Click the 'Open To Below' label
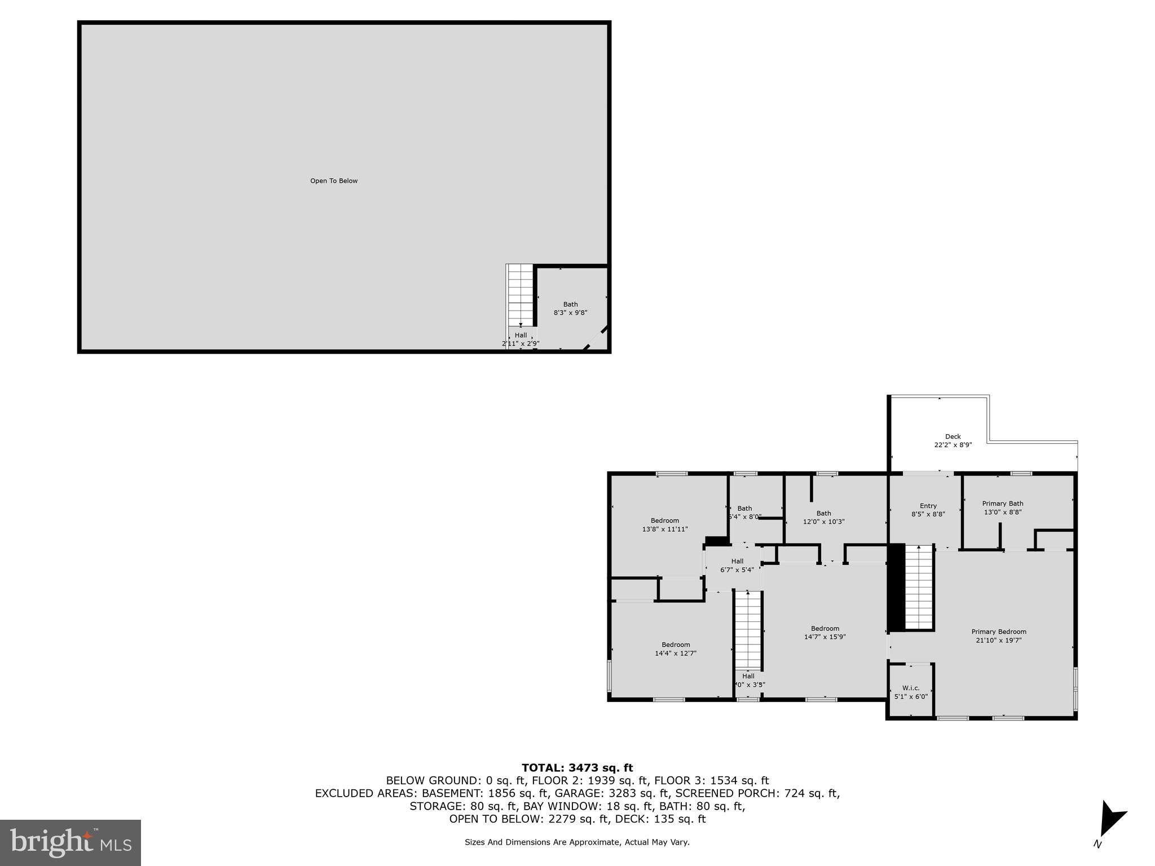334,181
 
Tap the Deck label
953,436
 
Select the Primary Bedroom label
998,631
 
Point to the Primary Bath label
1002,503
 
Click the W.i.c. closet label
911,688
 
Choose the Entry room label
928,506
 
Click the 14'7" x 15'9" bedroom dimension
825,637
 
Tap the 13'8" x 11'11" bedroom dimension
664,529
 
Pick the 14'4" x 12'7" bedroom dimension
676,653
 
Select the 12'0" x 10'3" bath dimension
823,522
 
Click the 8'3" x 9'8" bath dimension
570,312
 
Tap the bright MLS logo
70,842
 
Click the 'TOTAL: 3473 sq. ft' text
577,767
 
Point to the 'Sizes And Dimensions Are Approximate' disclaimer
577,842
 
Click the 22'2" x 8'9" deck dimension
953,445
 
